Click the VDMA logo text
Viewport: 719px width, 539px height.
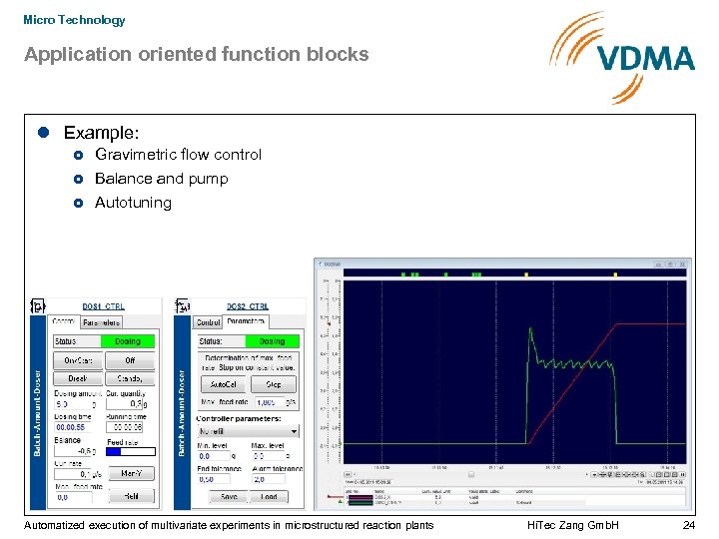point(647,58)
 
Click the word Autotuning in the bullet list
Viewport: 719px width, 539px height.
point(133,203)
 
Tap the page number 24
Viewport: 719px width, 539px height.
point(688,525)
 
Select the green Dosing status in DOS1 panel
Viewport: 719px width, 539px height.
point(129,341)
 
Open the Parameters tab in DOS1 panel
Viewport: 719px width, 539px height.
point(101,322)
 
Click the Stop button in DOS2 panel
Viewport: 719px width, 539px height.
point(273,383)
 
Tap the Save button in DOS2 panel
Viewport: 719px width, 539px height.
point(229,496)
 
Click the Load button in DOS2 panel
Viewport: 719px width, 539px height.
point(270,496)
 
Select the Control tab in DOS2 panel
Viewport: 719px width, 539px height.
point(209,322)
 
